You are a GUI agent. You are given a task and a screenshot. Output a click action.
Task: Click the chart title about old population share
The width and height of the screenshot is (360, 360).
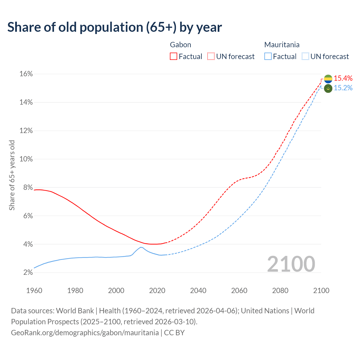point(114,27)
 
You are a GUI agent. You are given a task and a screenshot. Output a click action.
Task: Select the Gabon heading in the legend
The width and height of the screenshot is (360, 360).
point(181,45)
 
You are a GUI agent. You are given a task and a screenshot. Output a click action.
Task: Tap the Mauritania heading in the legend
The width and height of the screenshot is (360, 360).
point(282,45)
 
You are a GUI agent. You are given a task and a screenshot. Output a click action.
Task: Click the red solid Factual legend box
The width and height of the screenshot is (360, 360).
point(174,57)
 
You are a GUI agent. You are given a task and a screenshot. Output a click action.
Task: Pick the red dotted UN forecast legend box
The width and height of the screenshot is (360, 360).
point(211,57)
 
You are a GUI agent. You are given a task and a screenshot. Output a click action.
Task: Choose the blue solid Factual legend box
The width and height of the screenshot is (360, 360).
point(268,57)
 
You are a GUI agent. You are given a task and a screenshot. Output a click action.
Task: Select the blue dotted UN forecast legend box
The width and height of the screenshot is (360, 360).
point(305,57)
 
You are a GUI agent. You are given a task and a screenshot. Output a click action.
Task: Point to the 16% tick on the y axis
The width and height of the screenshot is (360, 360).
point(26,74)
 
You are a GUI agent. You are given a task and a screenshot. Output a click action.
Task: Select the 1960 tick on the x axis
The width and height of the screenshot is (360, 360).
point(34,291)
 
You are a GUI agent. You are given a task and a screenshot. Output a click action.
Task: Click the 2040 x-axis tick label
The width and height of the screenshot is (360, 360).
point(198,291)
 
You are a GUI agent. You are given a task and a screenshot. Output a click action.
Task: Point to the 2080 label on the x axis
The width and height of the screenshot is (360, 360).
point(280,291)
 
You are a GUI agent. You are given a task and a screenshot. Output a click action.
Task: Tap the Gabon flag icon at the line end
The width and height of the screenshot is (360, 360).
point(328,79)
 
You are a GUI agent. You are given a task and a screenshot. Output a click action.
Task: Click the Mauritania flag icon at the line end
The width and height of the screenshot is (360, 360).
point(328,88)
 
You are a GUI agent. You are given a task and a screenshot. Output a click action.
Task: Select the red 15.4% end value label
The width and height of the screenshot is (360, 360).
point(343,78)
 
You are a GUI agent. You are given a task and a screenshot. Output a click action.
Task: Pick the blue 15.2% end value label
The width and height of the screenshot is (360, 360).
point(343,88)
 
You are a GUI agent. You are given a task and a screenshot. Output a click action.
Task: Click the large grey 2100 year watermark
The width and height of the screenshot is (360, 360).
point(291,264)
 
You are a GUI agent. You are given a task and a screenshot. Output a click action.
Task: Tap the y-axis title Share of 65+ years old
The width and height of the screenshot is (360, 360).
point(12,175)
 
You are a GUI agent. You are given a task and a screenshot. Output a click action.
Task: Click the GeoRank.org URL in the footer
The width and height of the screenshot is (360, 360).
point(85,333)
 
